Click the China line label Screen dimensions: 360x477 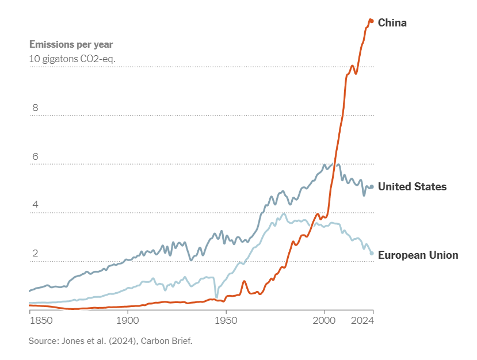tap(392, 23)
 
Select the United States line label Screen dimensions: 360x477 tap(412, 187)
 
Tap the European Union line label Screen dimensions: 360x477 tap(418, 255)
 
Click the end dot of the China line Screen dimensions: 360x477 tap(371, 21)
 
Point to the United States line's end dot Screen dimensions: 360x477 tap(372, 187)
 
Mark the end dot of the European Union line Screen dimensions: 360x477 tap(372, 253)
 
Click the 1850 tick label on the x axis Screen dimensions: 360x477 tap(41, 320)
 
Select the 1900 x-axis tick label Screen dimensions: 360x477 tap(127, 320)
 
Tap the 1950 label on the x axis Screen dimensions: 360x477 tap(226, 320)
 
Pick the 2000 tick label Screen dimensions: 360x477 tap(325, 320)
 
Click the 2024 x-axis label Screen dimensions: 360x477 tap(363, 320)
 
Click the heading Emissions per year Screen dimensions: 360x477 tap(71, 44)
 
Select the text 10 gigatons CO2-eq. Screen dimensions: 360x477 tap(72, 58)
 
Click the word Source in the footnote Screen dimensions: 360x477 tap(43, 341)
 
